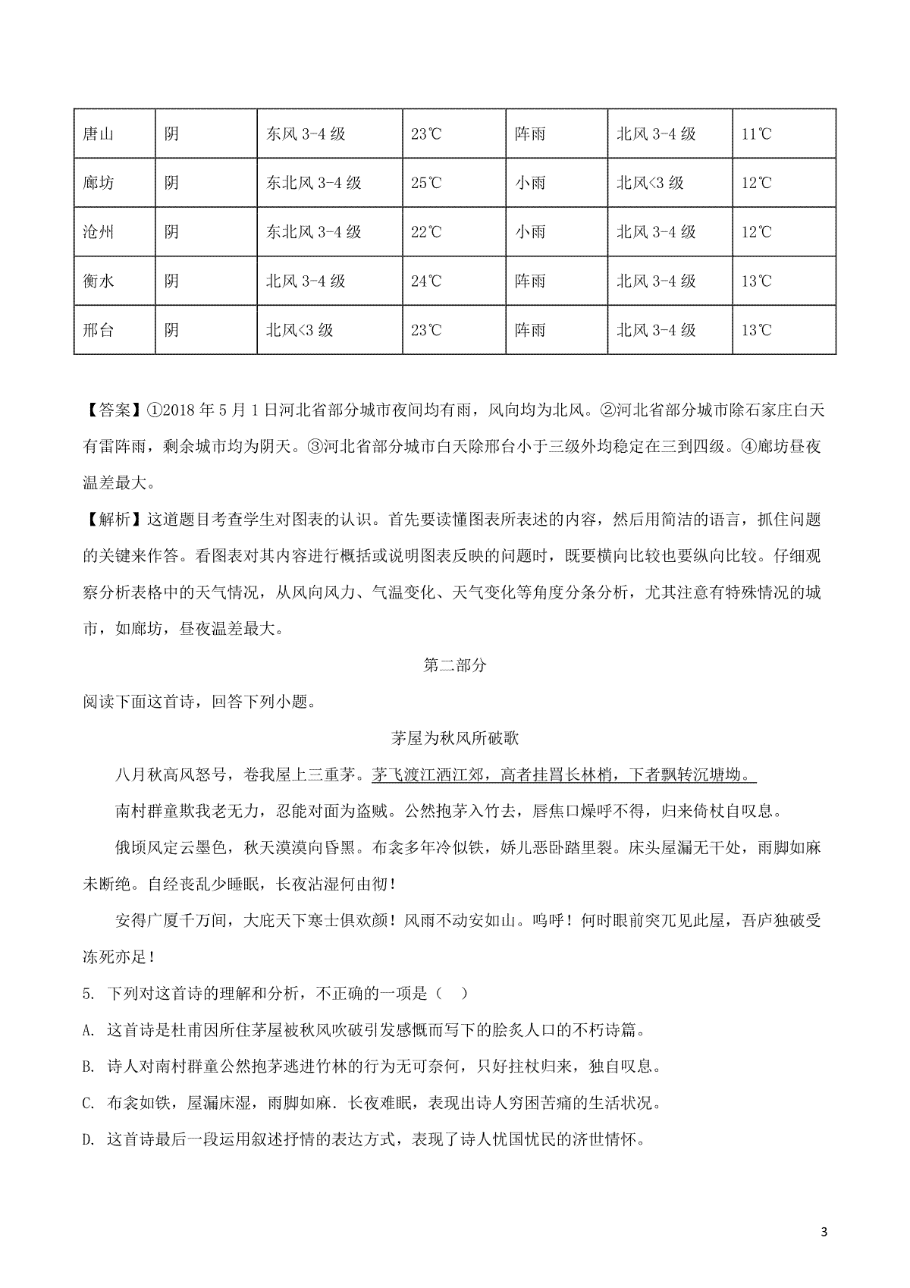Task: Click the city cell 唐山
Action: pos(98,134)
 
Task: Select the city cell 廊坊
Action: pos(98,183)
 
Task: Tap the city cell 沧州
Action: pos(98,232)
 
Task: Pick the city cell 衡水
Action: pos(98,281)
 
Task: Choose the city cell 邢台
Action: pos(98,330)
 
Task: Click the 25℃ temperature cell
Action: pos(426,183)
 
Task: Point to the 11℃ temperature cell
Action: pos(756,134)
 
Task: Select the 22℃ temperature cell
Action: pos(426,232)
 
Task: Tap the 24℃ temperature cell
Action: pos(426,281)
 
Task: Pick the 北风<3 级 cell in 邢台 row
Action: pos(300,330)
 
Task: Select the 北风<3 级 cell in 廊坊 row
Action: pos(651,183)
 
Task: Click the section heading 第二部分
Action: pos(454,665)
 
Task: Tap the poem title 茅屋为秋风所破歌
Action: pos(454,738)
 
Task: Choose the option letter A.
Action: pos(88,1030)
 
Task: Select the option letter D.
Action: pos(88,1139)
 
